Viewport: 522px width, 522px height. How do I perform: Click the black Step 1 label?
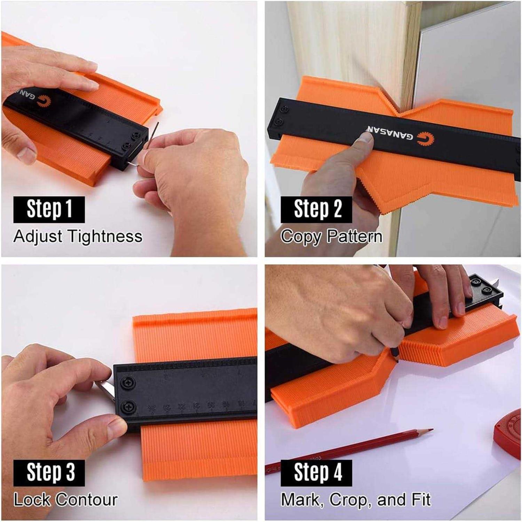click(49, 209)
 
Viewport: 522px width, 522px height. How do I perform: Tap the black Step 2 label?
click(316, 209)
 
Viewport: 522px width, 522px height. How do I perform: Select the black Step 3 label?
click(49, 473)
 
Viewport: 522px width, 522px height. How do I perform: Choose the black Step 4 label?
click(316, 473)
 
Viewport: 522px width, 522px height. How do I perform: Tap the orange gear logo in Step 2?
click(426, 140)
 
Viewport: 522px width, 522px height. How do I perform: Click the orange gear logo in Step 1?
click(43, 101)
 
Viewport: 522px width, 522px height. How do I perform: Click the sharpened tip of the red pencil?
click(432, 430)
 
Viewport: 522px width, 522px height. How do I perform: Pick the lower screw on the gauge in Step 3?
click(128, 406)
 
